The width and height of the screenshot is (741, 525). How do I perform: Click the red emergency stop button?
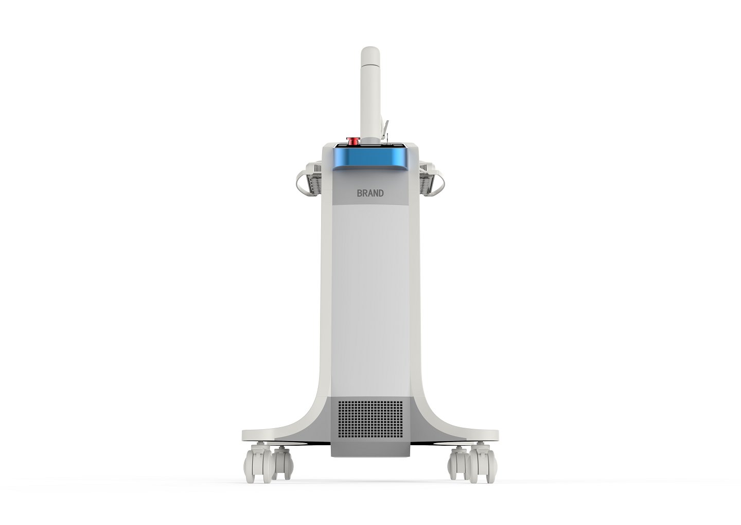pos(354,140)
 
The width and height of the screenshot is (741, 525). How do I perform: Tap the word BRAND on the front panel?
pos(370,194)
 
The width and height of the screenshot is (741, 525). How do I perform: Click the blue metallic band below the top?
pos(370,159)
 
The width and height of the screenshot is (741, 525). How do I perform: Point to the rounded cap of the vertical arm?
pos(370,54)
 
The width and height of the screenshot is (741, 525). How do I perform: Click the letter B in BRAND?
pos(360,194)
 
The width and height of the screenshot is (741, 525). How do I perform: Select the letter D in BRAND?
pos(381,194)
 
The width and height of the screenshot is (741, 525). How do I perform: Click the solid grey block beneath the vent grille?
pos(370,448)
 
